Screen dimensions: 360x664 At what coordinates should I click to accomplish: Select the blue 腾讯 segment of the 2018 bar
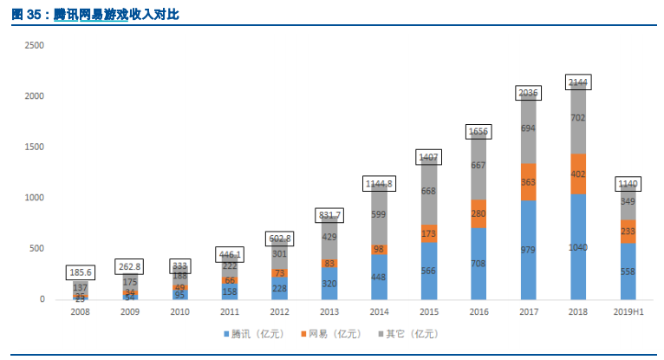577,247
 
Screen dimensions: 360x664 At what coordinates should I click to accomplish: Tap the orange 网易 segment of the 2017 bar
529,182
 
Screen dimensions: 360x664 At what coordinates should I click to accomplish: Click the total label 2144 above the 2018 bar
577,82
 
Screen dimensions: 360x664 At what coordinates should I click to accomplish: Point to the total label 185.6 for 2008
81,272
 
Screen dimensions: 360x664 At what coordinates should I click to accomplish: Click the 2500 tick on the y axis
35,45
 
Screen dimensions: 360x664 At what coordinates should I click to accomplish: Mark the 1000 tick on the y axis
35,198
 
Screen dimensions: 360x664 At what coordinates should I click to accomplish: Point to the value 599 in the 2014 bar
380,214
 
